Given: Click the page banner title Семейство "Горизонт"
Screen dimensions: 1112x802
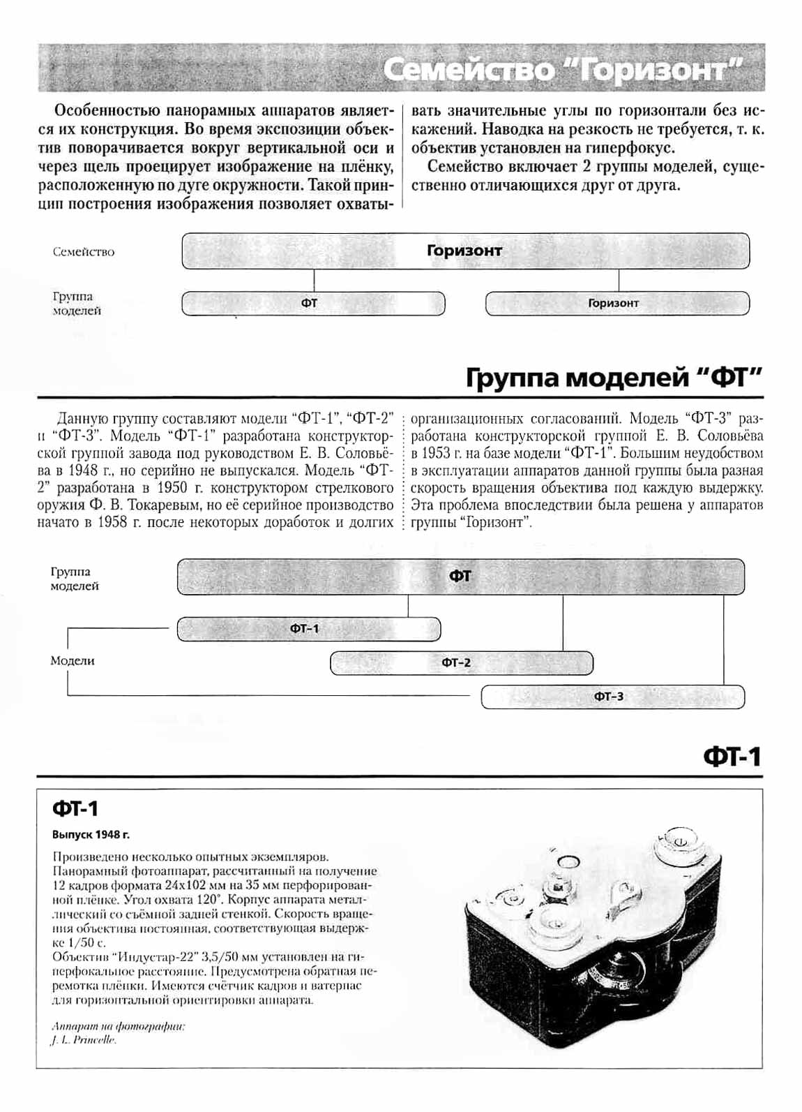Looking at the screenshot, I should click(x=563, y=70).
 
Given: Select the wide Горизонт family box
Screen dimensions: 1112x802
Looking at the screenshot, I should click(x=465, y=251).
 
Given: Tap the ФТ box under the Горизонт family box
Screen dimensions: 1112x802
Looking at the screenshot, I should click(x=312, y=304).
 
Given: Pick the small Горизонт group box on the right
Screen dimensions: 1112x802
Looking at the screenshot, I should click(x=616, y=304).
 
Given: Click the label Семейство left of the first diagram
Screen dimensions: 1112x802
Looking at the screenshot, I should click(x=84, y=252).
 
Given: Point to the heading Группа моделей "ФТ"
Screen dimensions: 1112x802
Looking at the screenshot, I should click(x=614, y=378).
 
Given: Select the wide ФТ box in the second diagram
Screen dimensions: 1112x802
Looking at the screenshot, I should click(x=460, y=577).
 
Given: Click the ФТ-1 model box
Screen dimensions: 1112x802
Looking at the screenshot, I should click(x=308, y=629).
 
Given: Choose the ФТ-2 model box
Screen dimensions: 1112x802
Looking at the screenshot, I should click(x=461, y=662).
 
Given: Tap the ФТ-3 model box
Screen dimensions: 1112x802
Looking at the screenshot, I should click(x=612, y=697).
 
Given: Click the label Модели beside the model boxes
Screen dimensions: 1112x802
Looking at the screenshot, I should click(x=73, y=660).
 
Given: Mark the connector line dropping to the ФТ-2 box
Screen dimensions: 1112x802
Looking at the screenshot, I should click(x=563, y=623).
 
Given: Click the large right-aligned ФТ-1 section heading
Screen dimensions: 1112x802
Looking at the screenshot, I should click(x=732, y=757).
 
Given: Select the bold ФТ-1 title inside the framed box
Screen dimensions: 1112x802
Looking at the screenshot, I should click(x=75, y=808).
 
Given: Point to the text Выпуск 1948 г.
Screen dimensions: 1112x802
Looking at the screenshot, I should click(x=91, y=835).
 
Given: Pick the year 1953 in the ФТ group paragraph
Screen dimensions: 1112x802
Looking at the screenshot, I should click(x=437, y=453).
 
